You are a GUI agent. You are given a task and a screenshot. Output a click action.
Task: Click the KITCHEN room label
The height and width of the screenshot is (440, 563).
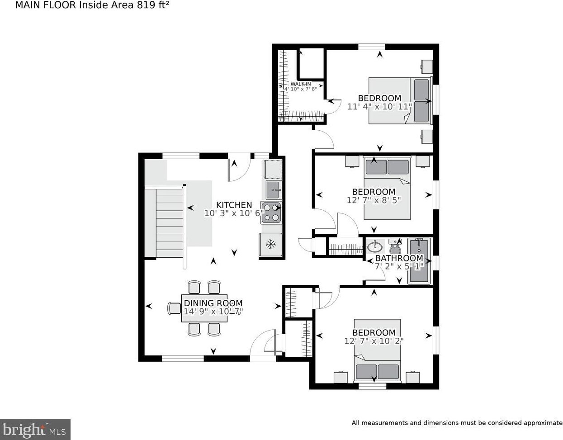coord(234,205)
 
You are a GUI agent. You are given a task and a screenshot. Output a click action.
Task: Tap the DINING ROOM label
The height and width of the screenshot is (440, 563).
coord(213,303)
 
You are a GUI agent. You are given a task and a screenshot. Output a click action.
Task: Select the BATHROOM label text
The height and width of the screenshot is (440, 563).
coord(399,258)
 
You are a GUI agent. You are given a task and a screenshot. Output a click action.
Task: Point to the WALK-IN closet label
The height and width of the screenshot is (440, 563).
coord(301,84)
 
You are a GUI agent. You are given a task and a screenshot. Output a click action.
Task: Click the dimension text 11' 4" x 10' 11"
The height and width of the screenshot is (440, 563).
coord(379,106)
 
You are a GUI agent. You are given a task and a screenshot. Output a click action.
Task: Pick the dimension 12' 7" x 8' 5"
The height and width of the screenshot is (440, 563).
coord(374,200)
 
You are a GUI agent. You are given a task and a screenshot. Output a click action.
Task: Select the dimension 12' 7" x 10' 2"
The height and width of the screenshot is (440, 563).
coord(374,341)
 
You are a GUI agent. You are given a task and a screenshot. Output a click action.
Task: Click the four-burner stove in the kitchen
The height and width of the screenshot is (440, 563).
coord(271,213)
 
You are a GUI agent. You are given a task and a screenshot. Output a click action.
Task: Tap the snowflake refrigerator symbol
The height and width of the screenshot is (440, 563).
coord(271,244)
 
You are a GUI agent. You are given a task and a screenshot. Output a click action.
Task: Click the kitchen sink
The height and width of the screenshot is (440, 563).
coord(274,190)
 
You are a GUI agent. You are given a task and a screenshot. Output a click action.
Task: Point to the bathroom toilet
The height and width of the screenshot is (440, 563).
coord(395,246)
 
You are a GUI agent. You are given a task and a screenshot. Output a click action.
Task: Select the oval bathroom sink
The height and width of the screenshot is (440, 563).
coord(374,246)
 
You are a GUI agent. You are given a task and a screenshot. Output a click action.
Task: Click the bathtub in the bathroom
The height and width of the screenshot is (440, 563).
coord(419,261)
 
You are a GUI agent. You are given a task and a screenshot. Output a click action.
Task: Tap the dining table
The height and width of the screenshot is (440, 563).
coord(204,308)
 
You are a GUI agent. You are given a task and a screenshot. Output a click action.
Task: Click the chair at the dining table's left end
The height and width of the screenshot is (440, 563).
coord(174,308)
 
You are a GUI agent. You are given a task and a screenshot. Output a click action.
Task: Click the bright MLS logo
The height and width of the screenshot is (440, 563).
coord(35,430)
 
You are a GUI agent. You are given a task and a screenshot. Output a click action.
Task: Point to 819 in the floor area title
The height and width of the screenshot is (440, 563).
coord(144,5)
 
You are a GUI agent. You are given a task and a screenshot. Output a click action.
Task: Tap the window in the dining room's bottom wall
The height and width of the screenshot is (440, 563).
coord(183,359)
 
